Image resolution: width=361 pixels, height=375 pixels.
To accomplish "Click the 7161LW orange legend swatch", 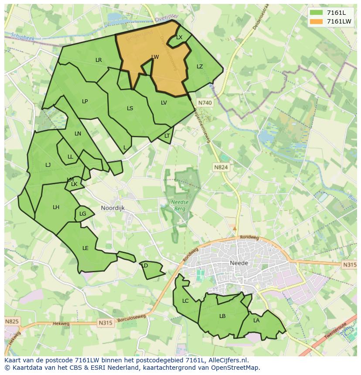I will [x=317, y=21].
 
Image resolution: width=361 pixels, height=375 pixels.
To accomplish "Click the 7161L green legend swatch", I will [x=317, y=13].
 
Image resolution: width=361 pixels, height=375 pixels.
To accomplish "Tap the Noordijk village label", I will [x=112, y=208].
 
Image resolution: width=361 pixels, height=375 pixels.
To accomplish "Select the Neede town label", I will [x=238, y=263].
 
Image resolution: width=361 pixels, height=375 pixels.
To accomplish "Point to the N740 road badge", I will [x=204, y=103].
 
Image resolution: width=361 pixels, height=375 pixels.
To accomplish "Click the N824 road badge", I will [x=221, y=167].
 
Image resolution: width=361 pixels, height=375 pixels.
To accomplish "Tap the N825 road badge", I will [x=12, y=321].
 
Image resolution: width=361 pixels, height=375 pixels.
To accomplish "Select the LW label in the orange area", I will [x=155, y=57].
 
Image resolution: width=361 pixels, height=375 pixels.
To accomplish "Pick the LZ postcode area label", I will [x=200, y=67].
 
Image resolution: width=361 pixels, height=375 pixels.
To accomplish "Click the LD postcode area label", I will [x=145, y=266].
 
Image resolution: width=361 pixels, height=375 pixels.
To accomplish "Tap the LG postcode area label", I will [x=83, y=214].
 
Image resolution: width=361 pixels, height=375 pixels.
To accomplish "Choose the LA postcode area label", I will [x=256, y=321].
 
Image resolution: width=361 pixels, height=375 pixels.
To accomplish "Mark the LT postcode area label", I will [x=167, y=136].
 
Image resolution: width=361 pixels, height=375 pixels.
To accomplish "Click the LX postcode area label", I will [x=179, y=38].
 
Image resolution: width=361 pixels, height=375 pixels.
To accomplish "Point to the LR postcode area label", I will [x=99, y=60].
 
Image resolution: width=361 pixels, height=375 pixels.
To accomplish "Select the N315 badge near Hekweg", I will [x=105, y=323].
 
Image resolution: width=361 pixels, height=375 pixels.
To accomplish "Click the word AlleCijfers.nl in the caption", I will [x=227, y=360].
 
